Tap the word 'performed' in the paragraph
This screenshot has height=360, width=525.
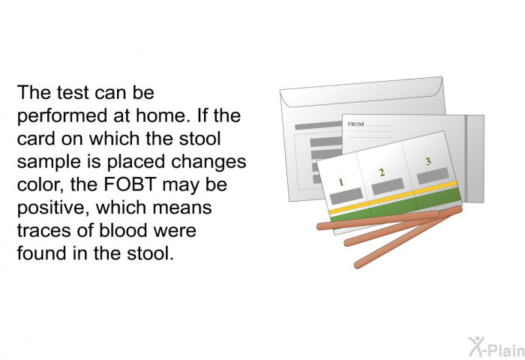tap(62, 115)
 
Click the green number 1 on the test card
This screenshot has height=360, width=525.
tap(340, 182)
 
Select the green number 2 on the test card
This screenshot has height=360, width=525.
tap(382, 172)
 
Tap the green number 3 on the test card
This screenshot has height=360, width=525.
tap(428, 161)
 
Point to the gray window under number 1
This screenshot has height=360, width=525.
tap(346, 196)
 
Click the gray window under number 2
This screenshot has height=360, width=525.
tap(388, 186)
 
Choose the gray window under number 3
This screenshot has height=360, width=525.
tap(433, 175)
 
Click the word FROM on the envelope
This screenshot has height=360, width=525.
tap(355, 124)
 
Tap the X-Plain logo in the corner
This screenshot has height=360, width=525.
tap(496, 347)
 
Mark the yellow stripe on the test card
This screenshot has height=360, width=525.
tap(393, 197)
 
